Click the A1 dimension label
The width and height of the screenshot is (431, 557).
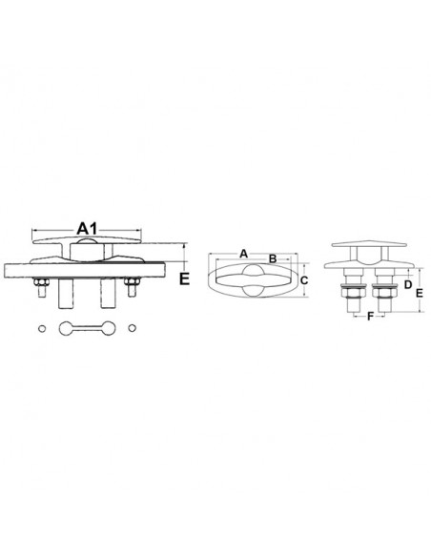(87, 228)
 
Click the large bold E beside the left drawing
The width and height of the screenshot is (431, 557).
(184, 278)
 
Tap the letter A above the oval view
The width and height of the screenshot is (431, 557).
(243, 254)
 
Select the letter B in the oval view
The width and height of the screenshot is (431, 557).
(273, 258)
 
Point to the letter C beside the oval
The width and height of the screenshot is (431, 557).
(304, 280)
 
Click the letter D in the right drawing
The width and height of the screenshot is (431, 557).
(408, 284)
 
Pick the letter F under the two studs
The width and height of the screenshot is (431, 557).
(370, 316)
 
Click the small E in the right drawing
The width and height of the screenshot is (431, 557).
(419, 293)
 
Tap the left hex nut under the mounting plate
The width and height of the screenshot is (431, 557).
(41, 282)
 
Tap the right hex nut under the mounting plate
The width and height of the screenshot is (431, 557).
(132, 282)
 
